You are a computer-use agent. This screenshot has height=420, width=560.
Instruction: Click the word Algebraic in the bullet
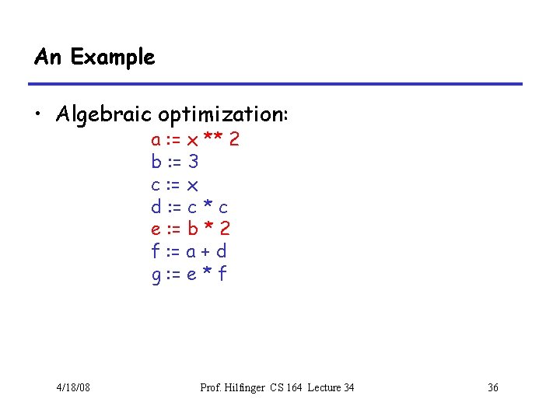[x=104, y=115]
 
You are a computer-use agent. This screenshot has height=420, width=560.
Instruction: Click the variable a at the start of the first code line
[x=156, y=141]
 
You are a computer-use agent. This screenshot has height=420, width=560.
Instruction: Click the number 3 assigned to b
[x=194, y=163]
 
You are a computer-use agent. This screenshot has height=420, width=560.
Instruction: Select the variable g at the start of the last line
[x=156, y=275]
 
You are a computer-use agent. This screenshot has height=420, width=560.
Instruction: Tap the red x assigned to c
[x=194, y=186]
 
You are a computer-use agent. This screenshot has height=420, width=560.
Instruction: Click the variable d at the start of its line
[x=156, y=207]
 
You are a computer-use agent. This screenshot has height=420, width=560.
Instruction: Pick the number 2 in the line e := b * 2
[x=225, y=229]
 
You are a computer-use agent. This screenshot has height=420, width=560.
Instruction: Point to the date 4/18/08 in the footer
[x=73, y=387]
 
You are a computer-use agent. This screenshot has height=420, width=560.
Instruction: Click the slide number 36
[x=492, y=387]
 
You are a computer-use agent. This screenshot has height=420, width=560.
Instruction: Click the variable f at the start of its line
[x=156, y=251]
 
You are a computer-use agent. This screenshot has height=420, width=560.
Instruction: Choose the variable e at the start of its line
[x=156, y=229]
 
